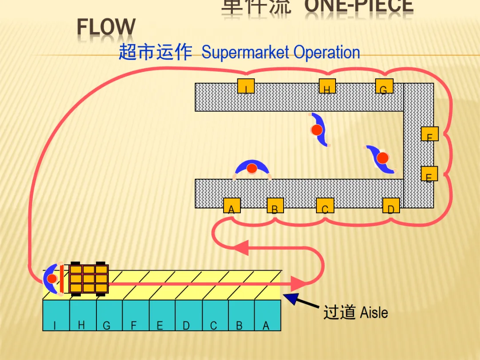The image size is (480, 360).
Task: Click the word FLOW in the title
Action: (106, 28)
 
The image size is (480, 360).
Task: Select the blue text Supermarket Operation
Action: (280, 52)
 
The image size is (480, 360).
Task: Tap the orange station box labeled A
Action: (232, 206)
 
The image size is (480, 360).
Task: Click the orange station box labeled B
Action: (275, 206)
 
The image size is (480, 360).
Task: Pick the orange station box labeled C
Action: (325, 206)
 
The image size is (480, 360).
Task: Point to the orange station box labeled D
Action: (391, 206)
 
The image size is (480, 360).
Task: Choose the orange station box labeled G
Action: (384, 86)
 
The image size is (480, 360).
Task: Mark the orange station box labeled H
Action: (327, 86)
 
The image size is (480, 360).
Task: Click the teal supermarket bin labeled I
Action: (56, 316)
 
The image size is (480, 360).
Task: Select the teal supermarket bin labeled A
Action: (267, 316)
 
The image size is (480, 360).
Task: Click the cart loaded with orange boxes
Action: (89, 279)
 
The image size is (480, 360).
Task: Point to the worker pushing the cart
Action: (52, 279)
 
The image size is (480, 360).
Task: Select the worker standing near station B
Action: (252, 168)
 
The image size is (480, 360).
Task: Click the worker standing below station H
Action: (317, 130)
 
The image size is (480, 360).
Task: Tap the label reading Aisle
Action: (374, 312)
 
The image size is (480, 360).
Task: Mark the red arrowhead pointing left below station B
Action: (241, 247)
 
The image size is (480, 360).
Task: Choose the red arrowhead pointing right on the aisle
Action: (299, 283)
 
